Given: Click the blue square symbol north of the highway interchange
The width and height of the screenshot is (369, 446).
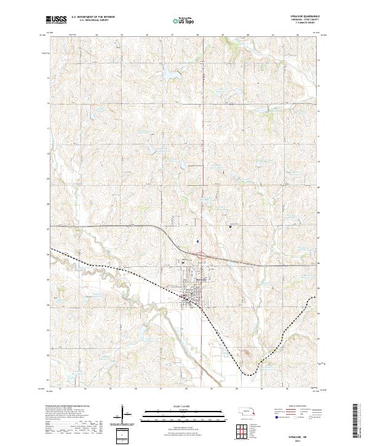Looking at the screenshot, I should (x=197, y=241).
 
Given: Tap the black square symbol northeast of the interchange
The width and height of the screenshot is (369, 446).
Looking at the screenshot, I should (x=231, y=226).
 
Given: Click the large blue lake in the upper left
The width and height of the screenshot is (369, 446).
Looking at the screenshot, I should (x=167, y=76).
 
